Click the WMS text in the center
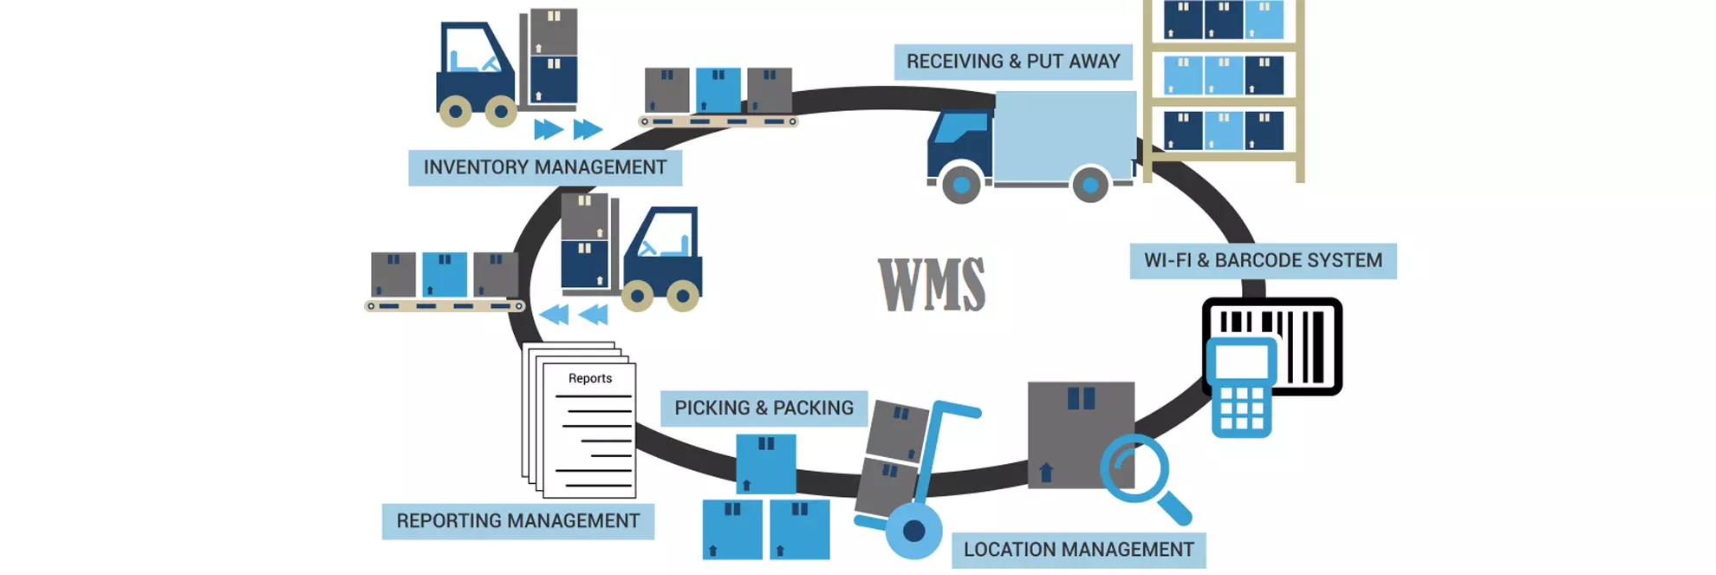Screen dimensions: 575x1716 pyautogui.click(x=932, y=284)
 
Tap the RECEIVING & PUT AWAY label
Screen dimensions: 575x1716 pyautogui.click(x=1012, y=62)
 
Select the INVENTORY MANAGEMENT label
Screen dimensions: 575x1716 pyautogui.click(x=544, y=167)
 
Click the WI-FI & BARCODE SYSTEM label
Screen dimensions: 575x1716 pyautogui.click(x=1263, y=260)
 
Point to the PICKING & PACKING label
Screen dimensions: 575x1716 pyautogui.click(x=764, y=408)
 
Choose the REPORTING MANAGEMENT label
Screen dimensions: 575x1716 pyautogui.click(x=517, y=521)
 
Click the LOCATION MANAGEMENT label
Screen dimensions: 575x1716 pyautogui.click(x=1078, y=550)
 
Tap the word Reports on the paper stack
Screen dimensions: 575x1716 pyautogui.click(x=589, y=378)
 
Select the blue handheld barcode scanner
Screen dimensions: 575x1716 pyautogui.click(x=1242, y=388)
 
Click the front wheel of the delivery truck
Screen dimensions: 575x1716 pyautogui.click(x=961, y=185)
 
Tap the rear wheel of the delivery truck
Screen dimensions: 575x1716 pyautogui.click(x=1090, y=185)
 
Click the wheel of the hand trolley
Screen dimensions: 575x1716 pyautogui.click(x=913, y=531)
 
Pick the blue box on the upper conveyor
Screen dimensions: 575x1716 pyautogui.click(x=718, y=90)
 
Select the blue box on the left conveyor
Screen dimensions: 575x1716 pyautogui.click(x=445, y=275)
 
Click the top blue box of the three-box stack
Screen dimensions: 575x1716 pyautogui.click(x=766, y=463)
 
